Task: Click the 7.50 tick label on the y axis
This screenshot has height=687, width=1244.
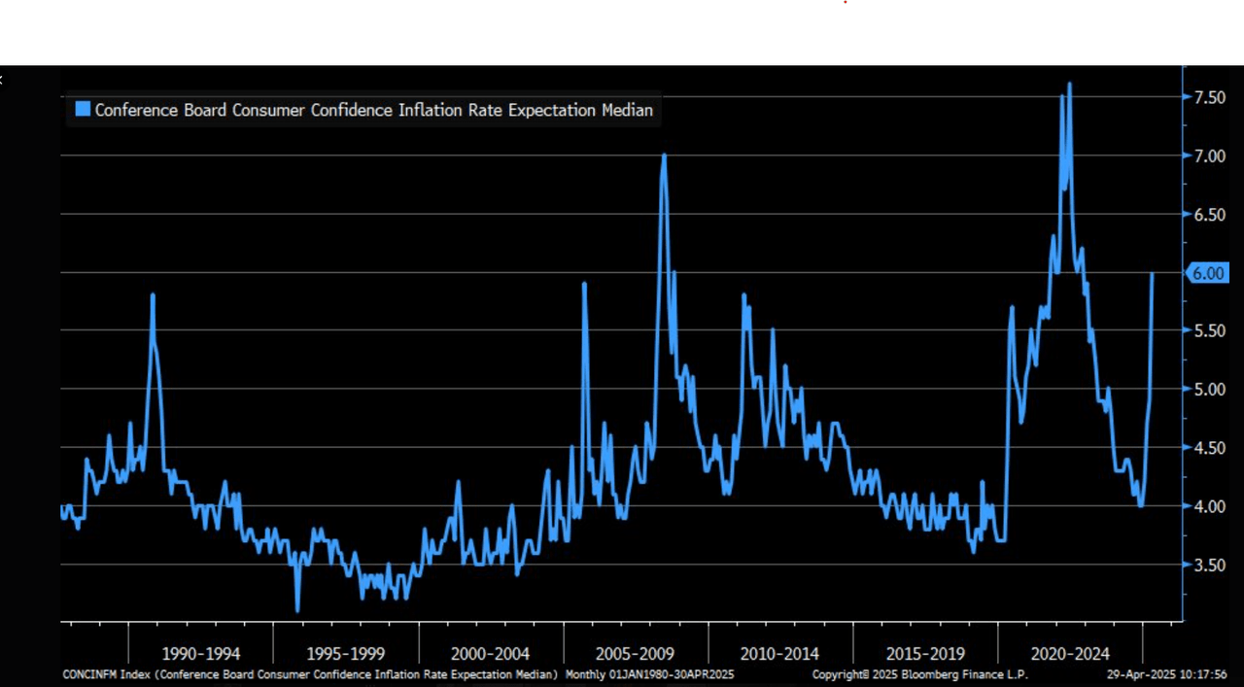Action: [1208, 97]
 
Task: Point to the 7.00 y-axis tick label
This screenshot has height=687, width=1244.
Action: [1208, 155]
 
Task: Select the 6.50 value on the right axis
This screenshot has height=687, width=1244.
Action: [1208, 214]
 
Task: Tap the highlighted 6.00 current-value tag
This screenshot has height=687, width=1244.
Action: [1208, 273]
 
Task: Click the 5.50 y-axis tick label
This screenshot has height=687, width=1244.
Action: [1208, 330]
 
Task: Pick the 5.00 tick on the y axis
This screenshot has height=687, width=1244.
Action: [1208, 389]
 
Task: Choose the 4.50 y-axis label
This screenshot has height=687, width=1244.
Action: [1208, 447]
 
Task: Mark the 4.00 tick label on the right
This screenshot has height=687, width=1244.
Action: [1208, 505]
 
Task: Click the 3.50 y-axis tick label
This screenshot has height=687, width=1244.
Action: [1208, 565]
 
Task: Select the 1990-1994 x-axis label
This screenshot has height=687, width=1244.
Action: [200, 653]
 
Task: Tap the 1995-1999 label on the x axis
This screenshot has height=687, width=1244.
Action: [345, 653]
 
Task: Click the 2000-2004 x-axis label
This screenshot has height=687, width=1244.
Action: [490, 653]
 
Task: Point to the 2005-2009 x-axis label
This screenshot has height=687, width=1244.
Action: [635, 653]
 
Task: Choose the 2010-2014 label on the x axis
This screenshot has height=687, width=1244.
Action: [779, 653]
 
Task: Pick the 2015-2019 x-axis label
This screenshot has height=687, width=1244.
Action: [924, 653]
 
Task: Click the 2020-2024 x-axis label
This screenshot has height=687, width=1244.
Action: [1069, 653]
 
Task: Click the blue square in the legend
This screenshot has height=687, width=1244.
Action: [83, 110]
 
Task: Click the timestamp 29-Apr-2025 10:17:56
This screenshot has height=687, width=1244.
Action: [1166, 674]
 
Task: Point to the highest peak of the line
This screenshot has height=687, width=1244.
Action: [1069, 84]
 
